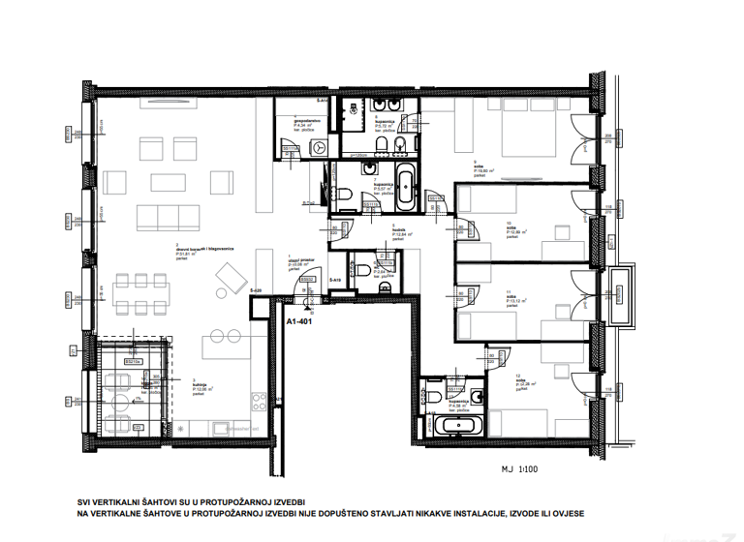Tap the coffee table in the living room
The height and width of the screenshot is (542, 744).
tap(162, 182)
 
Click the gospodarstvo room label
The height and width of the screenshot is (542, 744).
tap(307, 122)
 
